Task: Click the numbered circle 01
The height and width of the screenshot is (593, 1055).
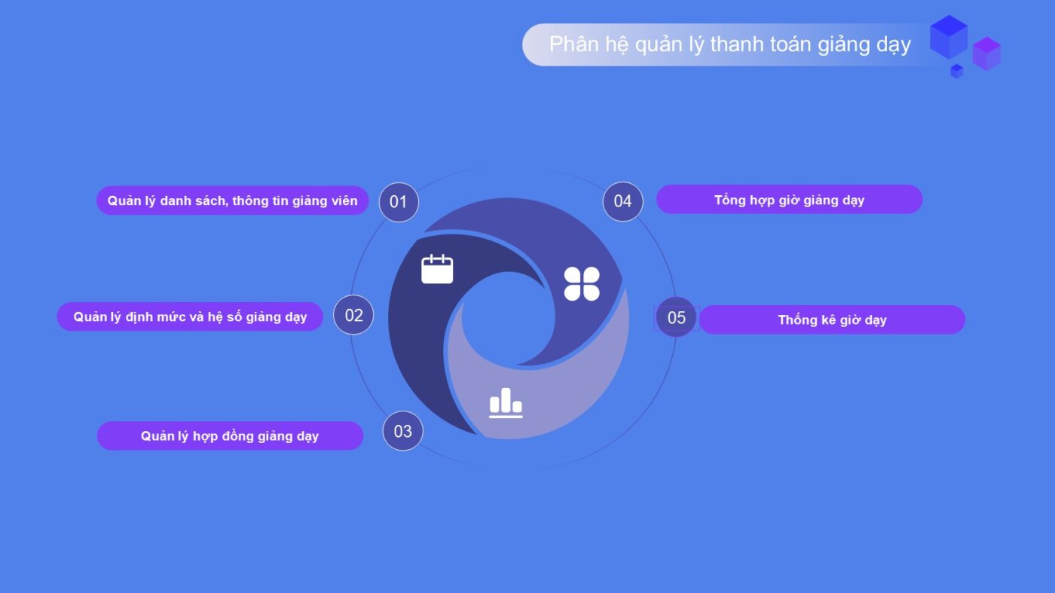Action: [x=399, y=202]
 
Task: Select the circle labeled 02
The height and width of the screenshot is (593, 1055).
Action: [x=353, y=315]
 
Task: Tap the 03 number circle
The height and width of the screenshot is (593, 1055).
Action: [x=402, y=431]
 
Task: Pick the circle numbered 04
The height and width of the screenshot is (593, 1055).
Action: [x=622, y=202]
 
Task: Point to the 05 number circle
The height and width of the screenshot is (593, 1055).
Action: [x=677, y=317]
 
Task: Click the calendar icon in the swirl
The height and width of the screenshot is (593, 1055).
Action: [x=437, y=269]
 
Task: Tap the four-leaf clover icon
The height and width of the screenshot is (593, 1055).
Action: [x=582, y=283]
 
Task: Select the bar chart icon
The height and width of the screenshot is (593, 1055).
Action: [x=506, y=403]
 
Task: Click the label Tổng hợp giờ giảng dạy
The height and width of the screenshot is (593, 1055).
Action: [x=790, y=200]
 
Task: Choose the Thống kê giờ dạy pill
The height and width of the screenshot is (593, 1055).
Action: [x=832, y=319]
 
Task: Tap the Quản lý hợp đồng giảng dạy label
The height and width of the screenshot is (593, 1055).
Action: [x=230, y=436]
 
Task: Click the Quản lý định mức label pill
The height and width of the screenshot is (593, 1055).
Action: [x=190, y=316]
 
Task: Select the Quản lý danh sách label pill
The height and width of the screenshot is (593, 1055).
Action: [x=232, y=200]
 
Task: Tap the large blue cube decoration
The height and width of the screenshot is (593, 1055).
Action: [x=949, y=37]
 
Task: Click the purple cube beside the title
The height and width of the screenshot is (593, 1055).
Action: [x=986, y=53]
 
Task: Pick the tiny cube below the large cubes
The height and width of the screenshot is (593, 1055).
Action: [x=956, y=71]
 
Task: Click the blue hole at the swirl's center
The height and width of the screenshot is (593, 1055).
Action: [x=508, y=319]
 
